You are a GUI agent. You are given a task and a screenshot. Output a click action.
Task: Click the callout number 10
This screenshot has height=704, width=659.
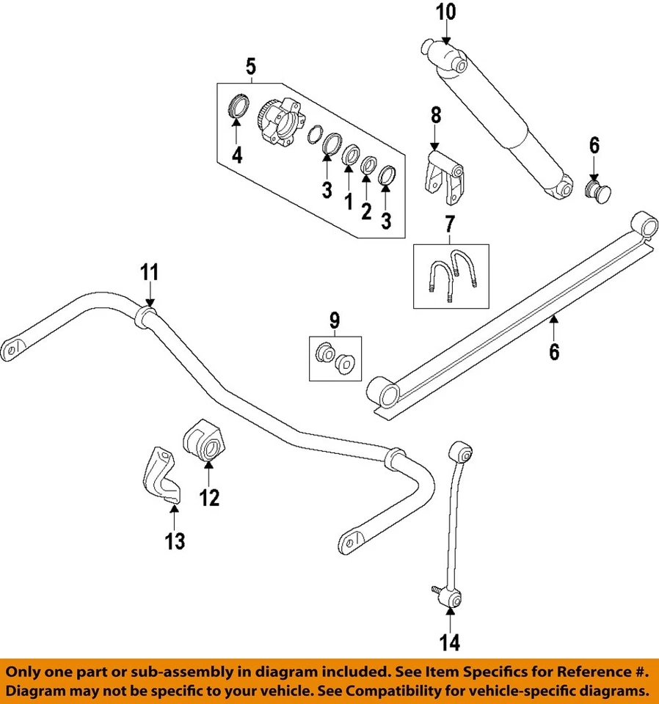[x=445, y=12]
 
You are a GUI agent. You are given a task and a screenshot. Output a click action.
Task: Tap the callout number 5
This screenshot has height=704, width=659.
[x=251, y=66]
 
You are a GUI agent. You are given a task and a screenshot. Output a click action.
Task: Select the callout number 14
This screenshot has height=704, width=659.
[x=450, y=642]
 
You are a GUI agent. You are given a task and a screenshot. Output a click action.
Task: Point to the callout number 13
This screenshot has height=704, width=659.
[x=175, y=541]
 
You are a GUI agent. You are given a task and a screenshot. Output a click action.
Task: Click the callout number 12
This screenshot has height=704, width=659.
[x=209, y=498]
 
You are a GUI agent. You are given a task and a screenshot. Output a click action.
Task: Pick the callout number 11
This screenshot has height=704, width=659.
[x=150, y=273]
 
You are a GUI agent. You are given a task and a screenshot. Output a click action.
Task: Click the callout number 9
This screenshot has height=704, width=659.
[x=335, y=321]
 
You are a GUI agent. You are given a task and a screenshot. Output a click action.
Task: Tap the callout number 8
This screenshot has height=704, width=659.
[x=436, y=115]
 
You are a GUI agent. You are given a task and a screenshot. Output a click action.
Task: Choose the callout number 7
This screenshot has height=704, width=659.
[x=450, y=224]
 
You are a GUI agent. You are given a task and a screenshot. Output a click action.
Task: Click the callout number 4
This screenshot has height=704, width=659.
[x=237, y=155]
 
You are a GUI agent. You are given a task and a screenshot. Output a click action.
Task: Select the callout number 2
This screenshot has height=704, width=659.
[x=367, y=211]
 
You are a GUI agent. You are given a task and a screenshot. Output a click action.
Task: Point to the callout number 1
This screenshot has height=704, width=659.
[x=349, y=202]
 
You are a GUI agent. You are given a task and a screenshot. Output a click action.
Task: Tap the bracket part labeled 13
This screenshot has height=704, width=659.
[x=164, y=474]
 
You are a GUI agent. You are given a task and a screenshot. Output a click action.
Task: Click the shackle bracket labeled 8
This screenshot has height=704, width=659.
[x=443, y=177]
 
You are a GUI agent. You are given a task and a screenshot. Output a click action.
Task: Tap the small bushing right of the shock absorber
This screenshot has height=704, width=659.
[x=598, y=191]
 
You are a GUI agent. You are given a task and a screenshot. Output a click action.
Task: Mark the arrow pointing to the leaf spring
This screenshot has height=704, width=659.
[x=554, y=329]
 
